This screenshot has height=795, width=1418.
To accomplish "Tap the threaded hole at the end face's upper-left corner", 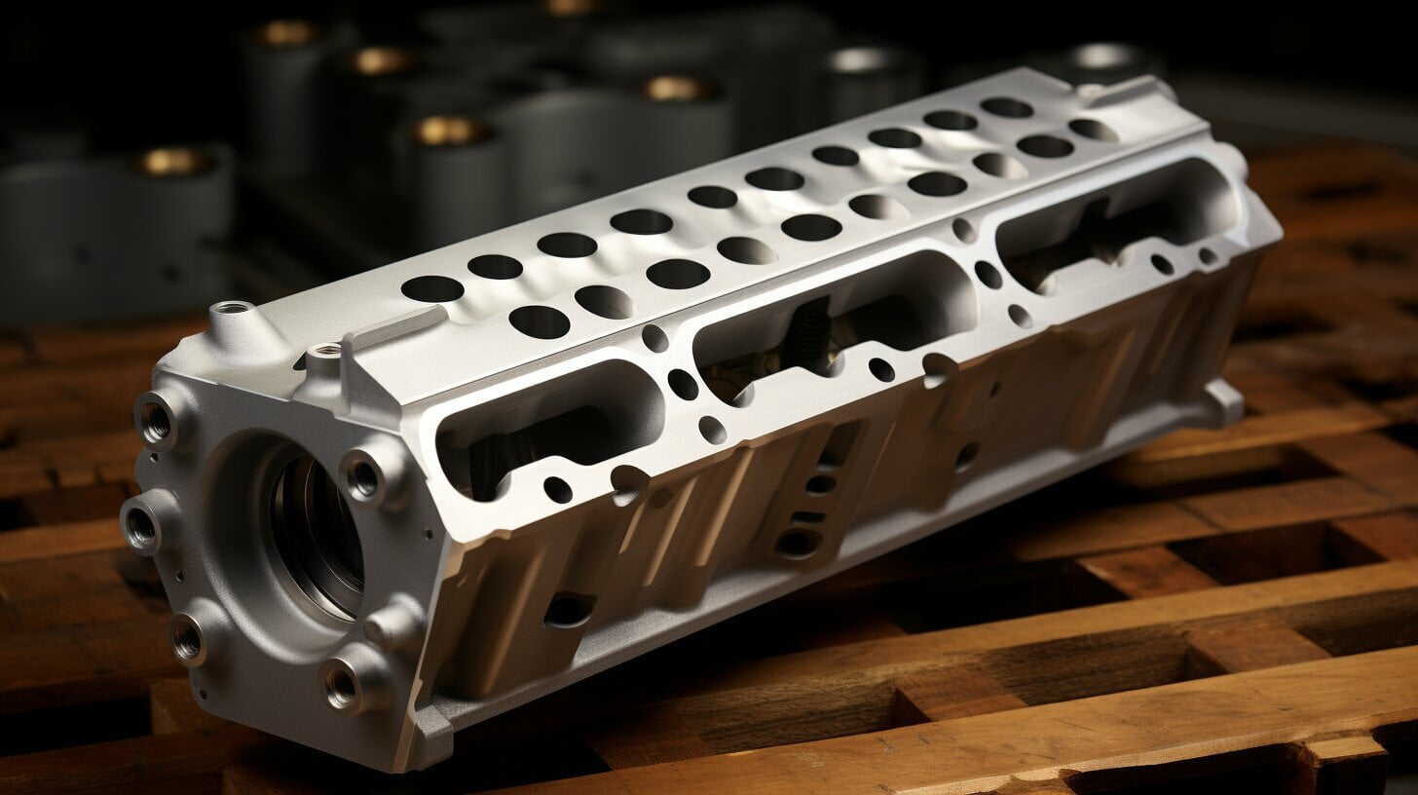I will tap(155, 420).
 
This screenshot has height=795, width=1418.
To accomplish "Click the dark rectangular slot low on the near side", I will tap(570, 608).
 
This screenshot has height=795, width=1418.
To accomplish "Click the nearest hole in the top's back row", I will tap(431, 288).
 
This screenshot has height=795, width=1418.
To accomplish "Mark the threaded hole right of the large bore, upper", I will tap(362, 477).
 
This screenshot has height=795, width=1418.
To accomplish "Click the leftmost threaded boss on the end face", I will tap(140, 527).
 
